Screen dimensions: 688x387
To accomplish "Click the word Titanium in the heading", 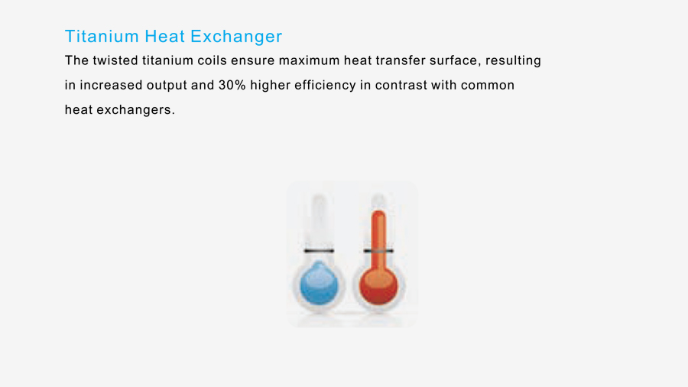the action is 102,36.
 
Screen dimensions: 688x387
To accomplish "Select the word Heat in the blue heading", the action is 164,36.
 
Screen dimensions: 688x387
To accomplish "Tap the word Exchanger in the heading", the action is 236,37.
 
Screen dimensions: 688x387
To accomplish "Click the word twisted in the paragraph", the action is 115,60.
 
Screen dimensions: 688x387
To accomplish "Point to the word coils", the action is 212,60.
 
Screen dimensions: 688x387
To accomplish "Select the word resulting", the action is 513,61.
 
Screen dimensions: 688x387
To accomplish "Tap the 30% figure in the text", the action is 232,85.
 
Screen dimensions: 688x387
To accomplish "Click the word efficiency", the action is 325,86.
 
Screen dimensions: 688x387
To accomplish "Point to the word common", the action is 488,85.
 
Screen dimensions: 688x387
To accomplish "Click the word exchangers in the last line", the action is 135,110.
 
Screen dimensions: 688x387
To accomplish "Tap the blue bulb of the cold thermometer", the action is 319,283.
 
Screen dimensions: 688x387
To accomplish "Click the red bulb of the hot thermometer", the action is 378,286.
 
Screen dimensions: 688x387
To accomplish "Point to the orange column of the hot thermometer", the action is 378,240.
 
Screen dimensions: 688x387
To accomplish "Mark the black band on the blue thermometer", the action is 319,251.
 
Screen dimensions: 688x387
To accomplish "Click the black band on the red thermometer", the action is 378,251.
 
